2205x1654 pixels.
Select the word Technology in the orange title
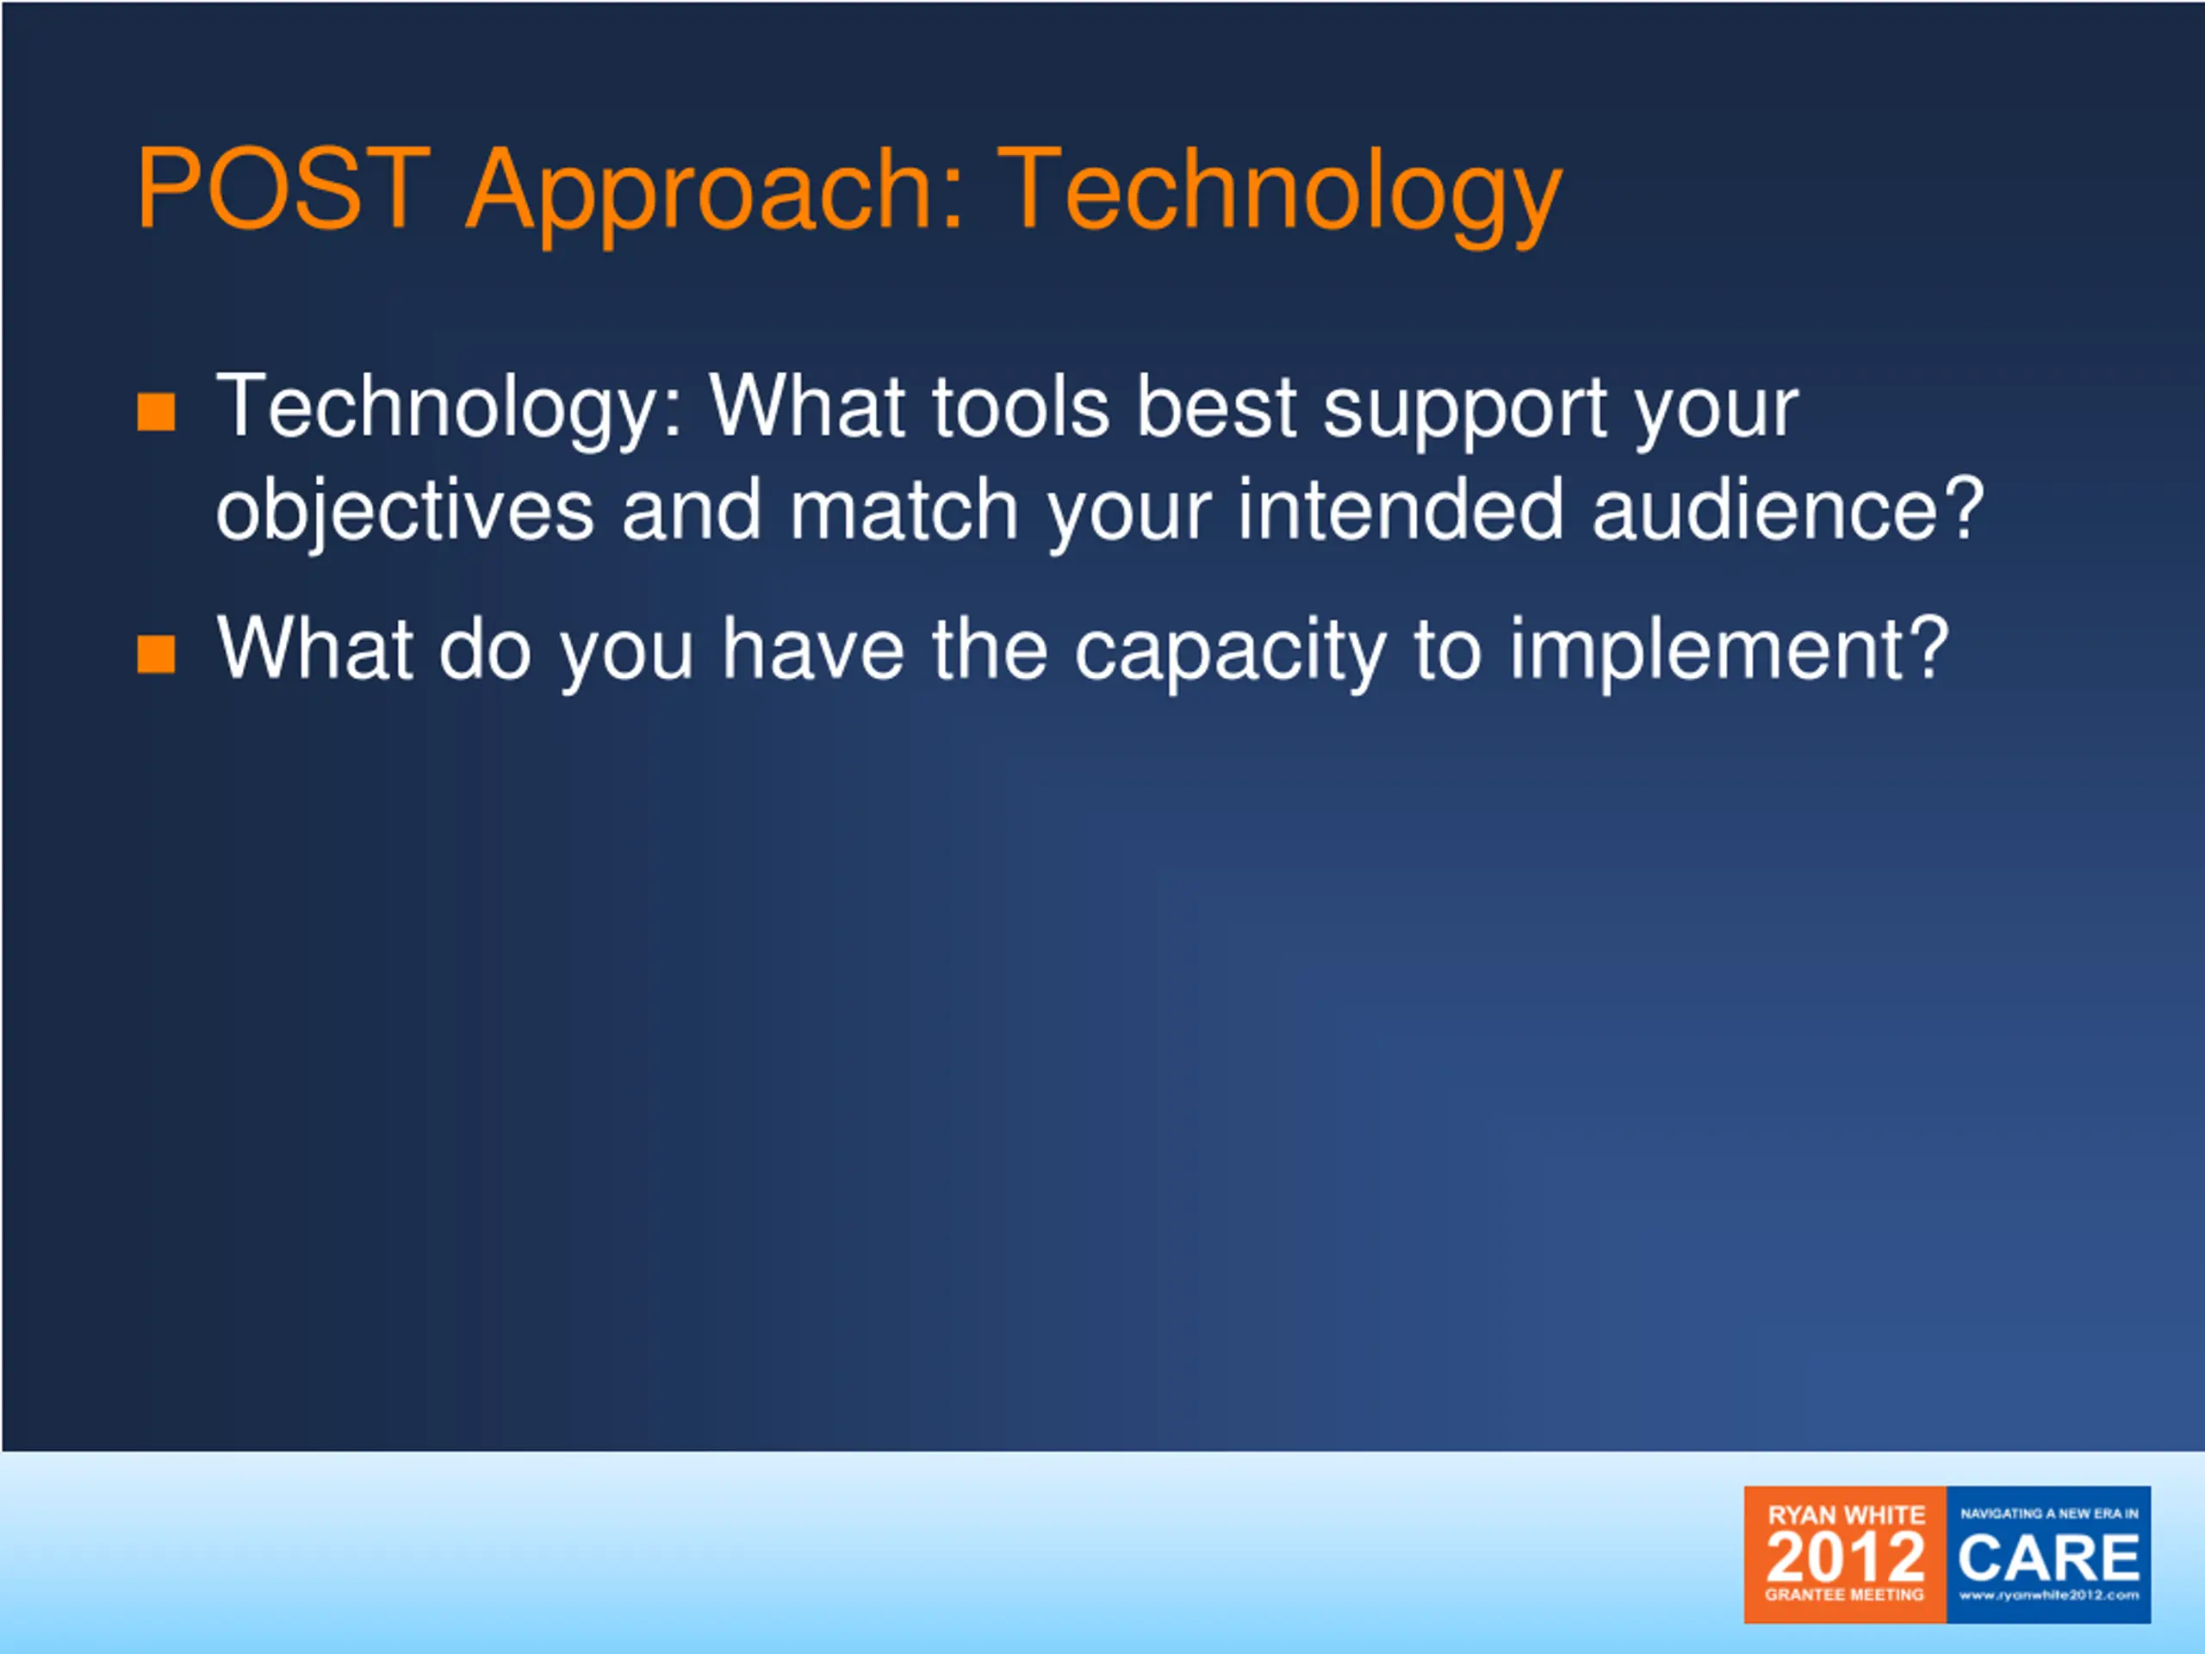1280,196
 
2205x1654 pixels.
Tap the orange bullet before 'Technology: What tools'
157,411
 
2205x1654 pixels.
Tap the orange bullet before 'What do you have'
157,655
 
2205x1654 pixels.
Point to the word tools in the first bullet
1021,407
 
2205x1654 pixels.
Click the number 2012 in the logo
1845,1557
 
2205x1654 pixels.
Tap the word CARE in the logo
2048,1558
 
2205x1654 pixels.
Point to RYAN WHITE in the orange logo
1846,1515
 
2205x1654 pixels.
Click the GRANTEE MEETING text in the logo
1844,1595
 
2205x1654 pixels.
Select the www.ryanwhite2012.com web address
2049,1595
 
